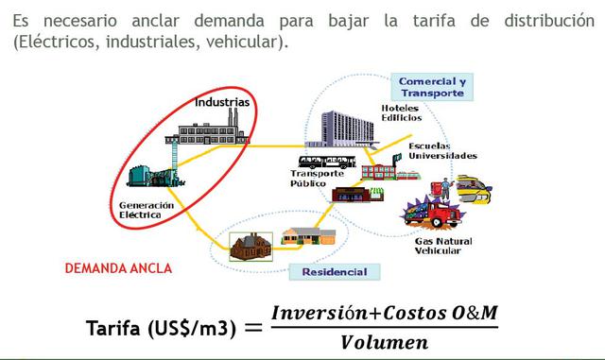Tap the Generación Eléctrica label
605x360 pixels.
tap(147, 209)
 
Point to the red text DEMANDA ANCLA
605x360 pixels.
tap(118, 268)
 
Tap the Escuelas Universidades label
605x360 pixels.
tap(441, 151)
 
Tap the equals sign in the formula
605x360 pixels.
tap(252, 328)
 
